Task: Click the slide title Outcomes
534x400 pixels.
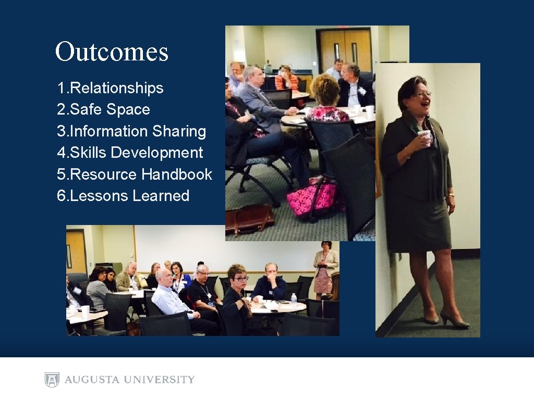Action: pyautogui.click(x=112, y=52)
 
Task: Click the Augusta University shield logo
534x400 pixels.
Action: pyautogui.click(x=52, y=380)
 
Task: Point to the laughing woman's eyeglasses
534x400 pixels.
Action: pyautogui.click(x=422, y=95)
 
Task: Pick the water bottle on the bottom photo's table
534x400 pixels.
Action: pyautogui.click(x=294, y=298)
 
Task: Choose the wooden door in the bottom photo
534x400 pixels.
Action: pyautogui.click(x=76, y=250)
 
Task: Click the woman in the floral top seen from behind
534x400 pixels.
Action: pyautogui.click(x=327, y=102)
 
